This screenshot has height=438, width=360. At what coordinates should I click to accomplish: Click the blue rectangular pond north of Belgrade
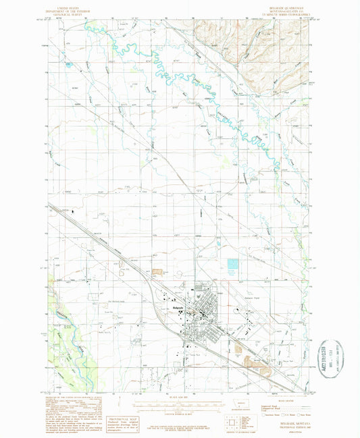pyautogui.click(x=234, y=267)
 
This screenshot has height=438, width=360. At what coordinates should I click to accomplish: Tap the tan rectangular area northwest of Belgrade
pyautogui.click(x=158, y=272)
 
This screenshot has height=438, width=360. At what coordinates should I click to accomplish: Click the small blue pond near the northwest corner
pyautogui.click(x=68, y=64)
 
